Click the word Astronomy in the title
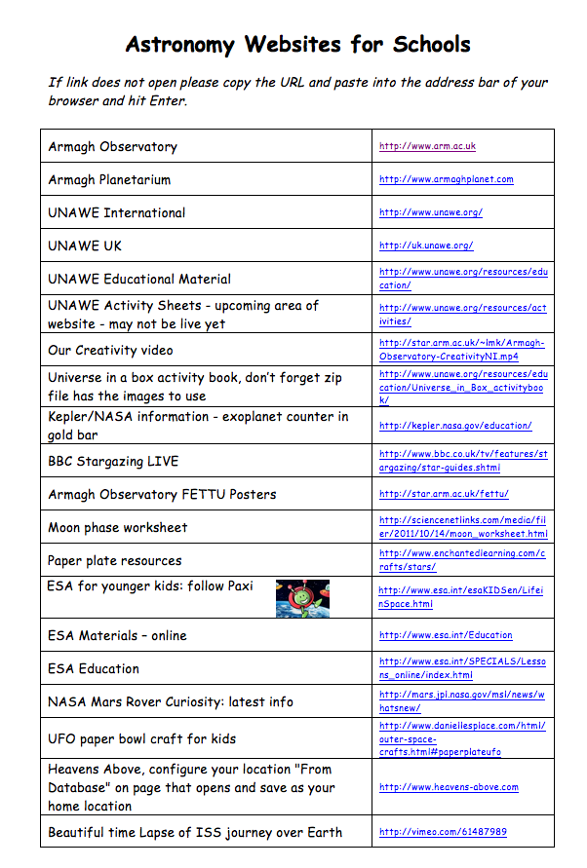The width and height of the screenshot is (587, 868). [180, 44]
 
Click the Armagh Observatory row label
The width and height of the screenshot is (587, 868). [112, 147]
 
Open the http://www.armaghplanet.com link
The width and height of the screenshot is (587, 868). [446, 179]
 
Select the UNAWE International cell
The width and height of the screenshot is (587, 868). [116, 212]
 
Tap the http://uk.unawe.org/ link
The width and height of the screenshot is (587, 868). [426, 245]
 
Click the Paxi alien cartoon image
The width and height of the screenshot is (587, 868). [302, 598]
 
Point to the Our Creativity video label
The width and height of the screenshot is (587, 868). [110, 350]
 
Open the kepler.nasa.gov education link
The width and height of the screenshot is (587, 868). [455, 426]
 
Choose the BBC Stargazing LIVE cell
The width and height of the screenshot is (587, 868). [113, 461]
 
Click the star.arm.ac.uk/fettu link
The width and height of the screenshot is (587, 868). [444, 494]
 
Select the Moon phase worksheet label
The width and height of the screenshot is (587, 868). [117, 527]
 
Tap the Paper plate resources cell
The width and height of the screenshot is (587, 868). [114, 560]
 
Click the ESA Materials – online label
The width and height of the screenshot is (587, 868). [117, 635]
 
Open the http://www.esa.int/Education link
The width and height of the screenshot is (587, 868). [446, 635]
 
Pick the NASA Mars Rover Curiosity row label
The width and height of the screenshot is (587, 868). [170, 701]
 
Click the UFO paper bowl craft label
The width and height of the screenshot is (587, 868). [141, 738]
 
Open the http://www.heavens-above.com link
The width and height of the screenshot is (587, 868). [449, 787]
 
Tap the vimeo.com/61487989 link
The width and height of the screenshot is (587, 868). [443, 832]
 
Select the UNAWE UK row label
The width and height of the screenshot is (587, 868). [85, 245]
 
